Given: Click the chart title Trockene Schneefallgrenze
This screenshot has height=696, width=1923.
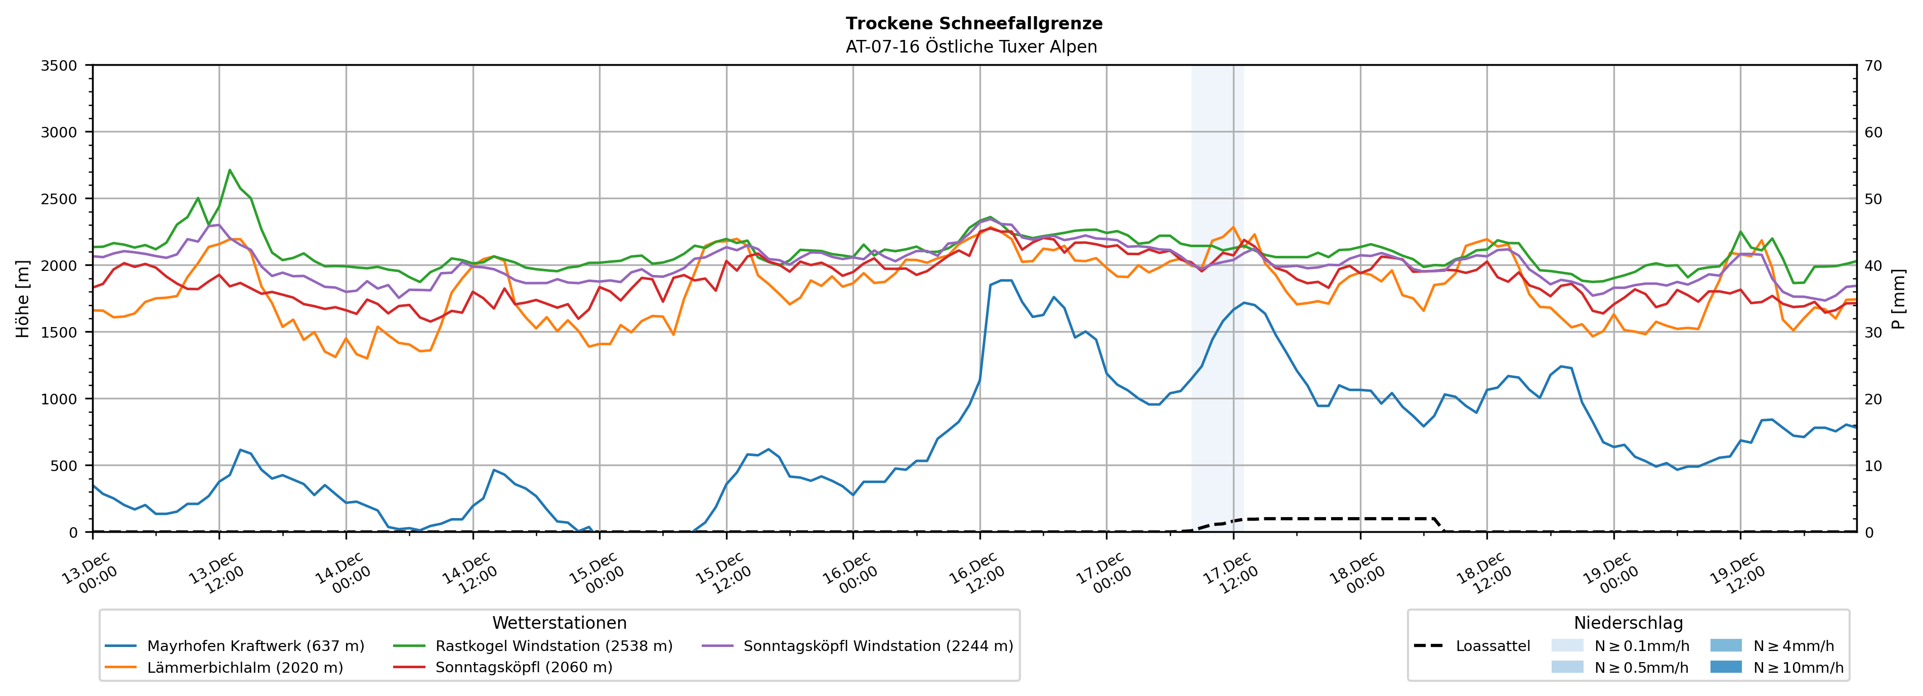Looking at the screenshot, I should coord(973,23).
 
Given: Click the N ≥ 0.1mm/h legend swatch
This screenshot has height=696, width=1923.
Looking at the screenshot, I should coord(1567,645).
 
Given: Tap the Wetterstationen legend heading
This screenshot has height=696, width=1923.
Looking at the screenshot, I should coord(559,623).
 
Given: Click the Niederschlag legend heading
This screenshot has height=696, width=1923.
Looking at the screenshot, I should coord(1628,623).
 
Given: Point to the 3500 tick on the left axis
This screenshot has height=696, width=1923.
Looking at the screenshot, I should coord(59,66).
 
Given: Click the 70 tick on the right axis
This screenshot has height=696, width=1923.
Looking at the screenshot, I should coord(1873,66).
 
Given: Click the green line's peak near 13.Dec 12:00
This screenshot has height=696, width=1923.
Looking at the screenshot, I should coord(230,170).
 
